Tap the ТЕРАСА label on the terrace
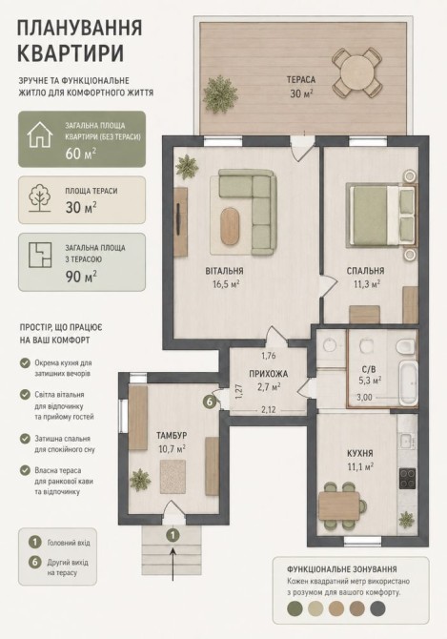point(301,80)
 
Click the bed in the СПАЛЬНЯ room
point(381,216)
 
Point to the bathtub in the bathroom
point(408,382)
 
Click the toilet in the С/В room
point(405,345)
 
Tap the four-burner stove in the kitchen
point(408,479)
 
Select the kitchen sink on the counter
point(406,440)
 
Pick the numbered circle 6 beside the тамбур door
point(209,402)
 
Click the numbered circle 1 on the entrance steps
point(173,534)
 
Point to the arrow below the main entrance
point(173,564)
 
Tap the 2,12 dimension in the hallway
point(268,409)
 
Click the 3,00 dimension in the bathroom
point(364,397)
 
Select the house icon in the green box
point(40,134)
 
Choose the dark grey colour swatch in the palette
point(377,608)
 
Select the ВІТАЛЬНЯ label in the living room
point(224,271)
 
